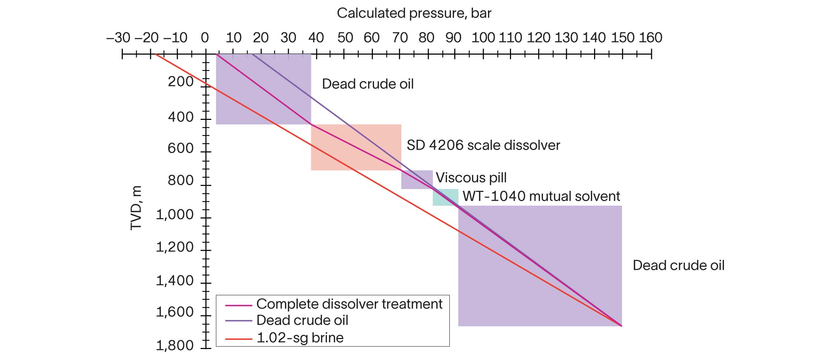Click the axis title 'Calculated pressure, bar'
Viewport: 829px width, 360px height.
click(414, 13)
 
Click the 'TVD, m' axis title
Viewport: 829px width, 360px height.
click(136, 208)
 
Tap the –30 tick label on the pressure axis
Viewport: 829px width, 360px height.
click(118, 38)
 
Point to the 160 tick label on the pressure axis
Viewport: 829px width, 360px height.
click(650, 38)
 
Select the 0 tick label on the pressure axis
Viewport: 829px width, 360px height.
click(205, 38)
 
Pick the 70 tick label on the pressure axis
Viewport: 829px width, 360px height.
click(400, 38)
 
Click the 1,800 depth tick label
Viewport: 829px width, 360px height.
click(175, 345)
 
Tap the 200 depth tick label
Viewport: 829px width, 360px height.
click(181, 82)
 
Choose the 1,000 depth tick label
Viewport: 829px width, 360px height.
click(175, 215)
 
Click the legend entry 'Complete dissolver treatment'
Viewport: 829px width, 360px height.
click(349, 304)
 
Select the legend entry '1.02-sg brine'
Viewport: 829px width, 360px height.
click(300, 338)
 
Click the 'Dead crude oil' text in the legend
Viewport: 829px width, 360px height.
click(302, 320)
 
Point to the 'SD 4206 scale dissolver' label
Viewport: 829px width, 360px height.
click(483, 145)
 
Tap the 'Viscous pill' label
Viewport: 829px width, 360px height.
click(471, 177)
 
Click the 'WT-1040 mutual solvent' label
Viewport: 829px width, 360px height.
click(541, 196)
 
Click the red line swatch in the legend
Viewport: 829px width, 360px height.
click(238, 339)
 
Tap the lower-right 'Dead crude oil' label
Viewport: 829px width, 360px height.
click(678, 265)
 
